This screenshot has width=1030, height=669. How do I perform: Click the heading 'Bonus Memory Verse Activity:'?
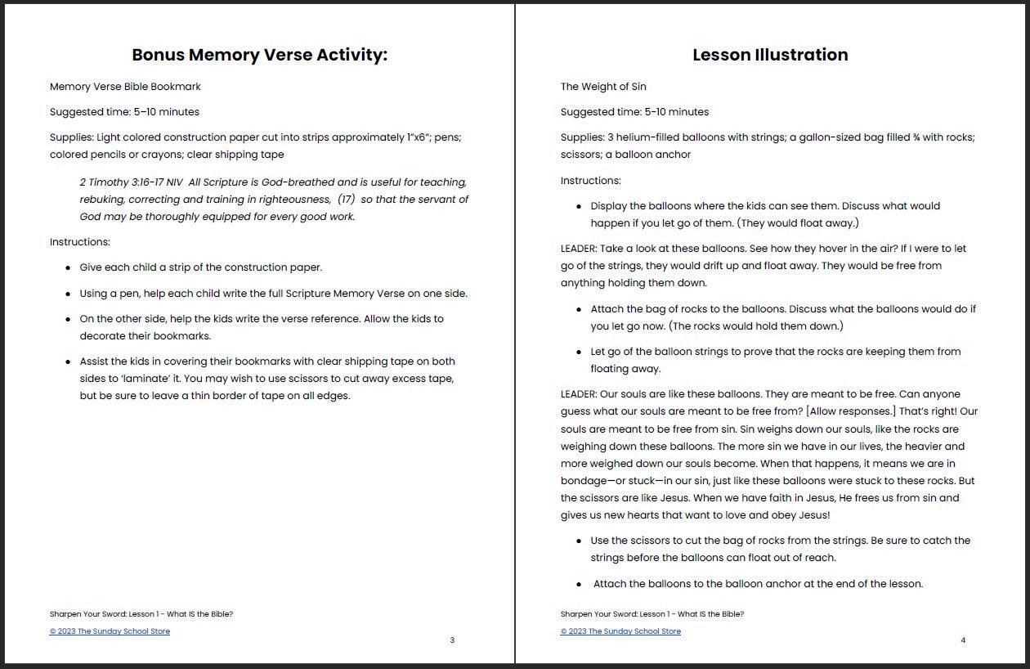(259, 55)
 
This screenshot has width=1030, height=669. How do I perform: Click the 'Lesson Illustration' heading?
(770, 55)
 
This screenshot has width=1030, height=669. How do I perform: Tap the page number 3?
(452, 640)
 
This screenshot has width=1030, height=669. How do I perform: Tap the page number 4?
(963, 640)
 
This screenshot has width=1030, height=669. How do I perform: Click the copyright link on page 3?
(110, 631)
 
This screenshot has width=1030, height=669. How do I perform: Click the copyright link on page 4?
(620, 631)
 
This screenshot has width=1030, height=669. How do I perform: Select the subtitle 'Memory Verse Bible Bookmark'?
(125, 87)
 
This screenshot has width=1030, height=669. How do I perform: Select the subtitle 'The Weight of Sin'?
(603, 87)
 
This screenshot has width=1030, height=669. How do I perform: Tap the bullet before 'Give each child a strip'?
(67, 268)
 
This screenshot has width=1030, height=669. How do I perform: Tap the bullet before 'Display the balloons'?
(579, 207)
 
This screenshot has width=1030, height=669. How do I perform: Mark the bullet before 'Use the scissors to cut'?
(579, 541)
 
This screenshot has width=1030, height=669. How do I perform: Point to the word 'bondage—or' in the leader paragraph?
(592, 481)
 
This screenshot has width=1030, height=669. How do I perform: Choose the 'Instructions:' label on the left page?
(79, 242)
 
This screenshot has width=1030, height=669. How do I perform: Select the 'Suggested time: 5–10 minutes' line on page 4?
(634, 112)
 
